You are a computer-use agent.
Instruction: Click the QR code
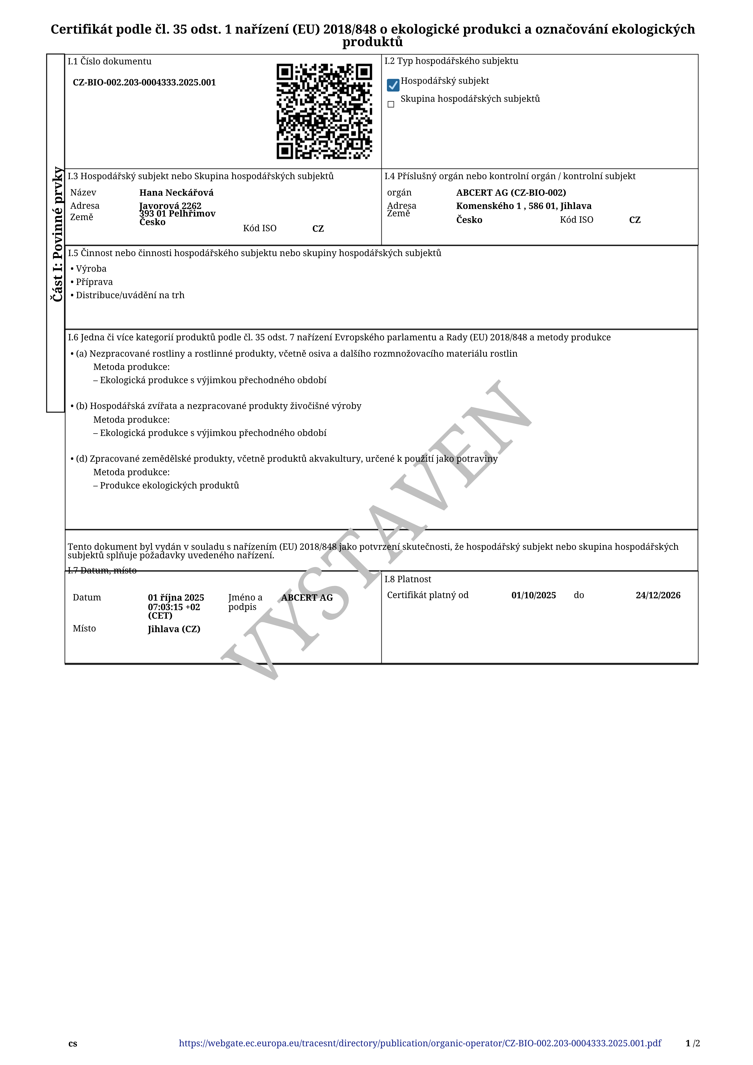click(324, 111)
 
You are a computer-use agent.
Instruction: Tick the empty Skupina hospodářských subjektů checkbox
click(391, 104)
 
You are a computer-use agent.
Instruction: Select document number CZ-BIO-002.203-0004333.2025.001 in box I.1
click(144, 83)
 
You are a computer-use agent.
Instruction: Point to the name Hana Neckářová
click(176, 192)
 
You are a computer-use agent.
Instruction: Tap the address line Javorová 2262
click(170, 205)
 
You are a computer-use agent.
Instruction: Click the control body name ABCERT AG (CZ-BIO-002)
click(511, 192)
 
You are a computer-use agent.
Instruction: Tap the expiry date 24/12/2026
click(658, 595)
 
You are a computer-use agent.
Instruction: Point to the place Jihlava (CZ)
click(174, 629)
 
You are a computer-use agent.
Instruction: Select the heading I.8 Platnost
click(408, 579)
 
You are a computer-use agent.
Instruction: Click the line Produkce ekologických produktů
click(169, 485)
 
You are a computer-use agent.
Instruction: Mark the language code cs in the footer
click(73, 1044)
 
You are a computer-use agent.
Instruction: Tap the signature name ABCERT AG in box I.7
click(307, 597)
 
